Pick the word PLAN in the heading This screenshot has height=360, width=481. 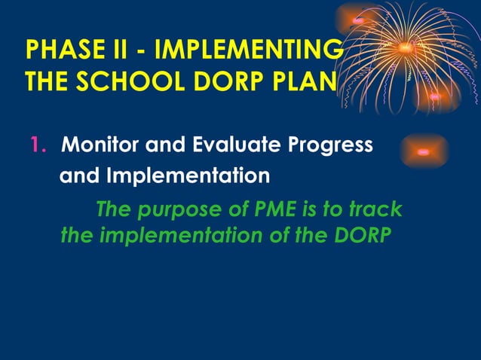305,81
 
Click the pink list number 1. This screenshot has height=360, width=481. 36,145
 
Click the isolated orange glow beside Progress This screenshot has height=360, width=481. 423,151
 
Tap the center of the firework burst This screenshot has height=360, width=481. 406,50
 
